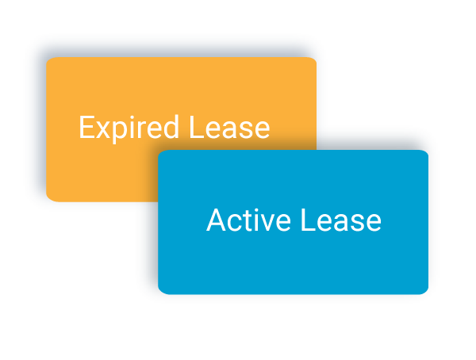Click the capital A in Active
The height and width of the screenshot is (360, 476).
[x=214, y=220]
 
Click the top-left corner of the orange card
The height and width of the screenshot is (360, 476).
[x=48, y=59]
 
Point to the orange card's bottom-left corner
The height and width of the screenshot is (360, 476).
[x=48, y=198]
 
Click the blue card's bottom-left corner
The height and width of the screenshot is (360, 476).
[x=160, y=292]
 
